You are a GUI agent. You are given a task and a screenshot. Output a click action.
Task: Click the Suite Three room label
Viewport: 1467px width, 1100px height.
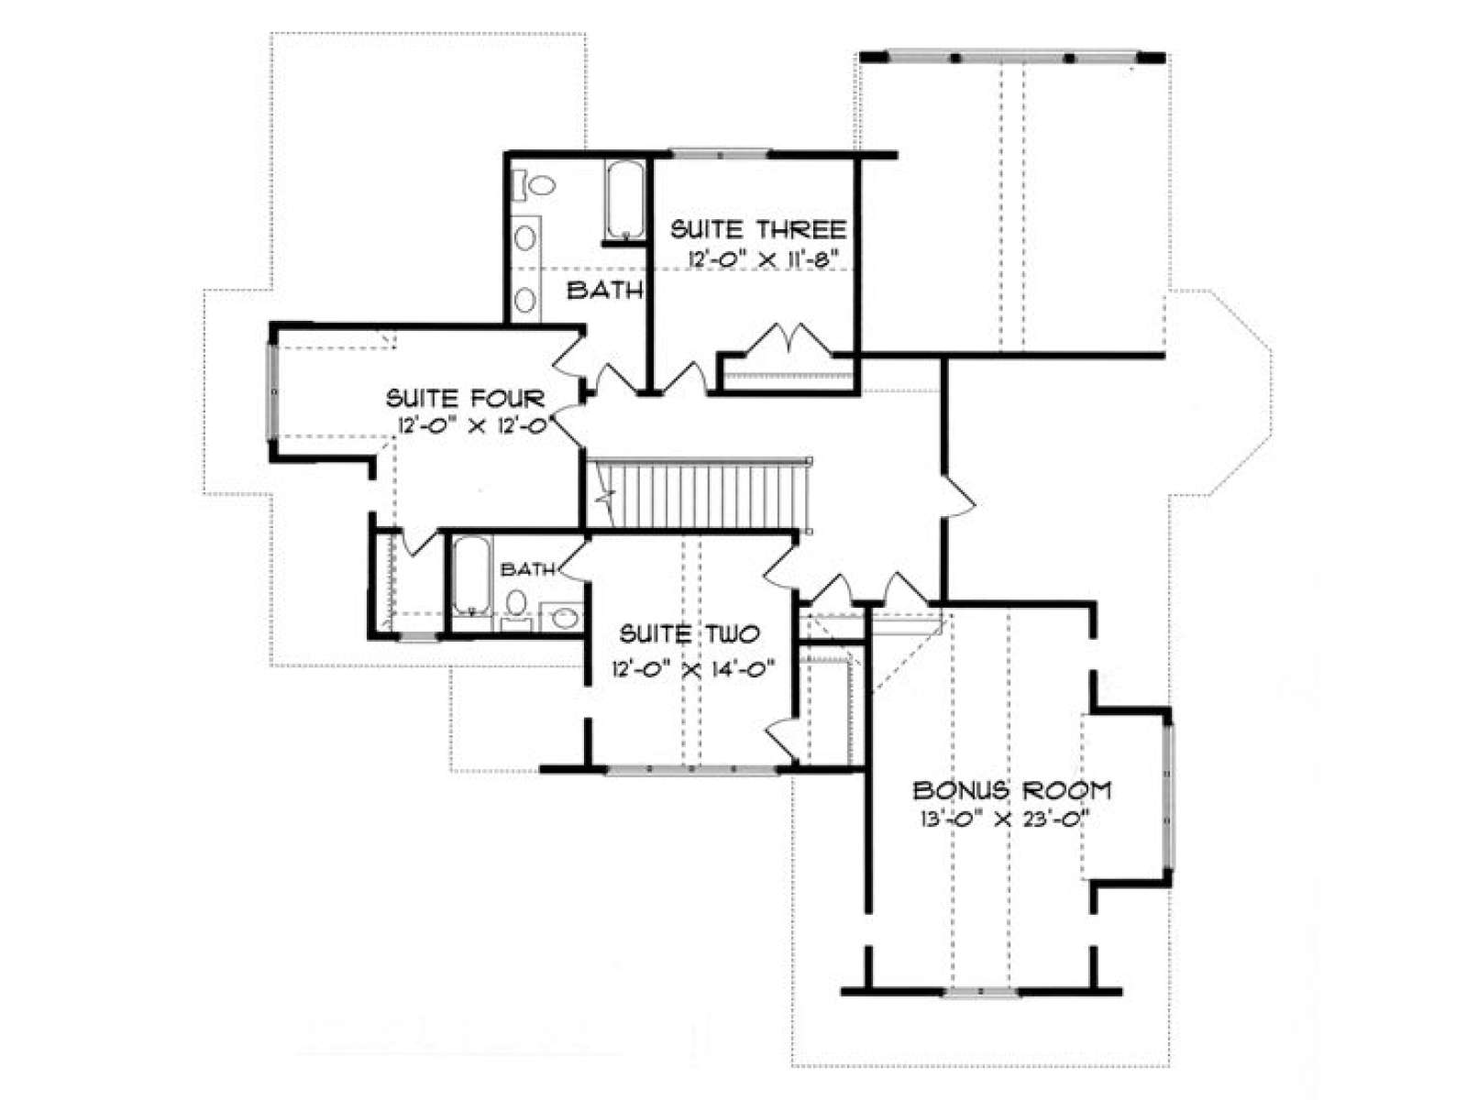(758, 230)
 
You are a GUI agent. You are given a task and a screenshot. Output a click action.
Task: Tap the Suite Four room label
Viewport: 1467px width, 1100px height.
(465, 399)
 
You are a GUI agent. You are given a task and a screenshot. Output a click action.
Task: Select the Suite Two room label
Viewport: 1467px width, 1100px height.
(689, 633)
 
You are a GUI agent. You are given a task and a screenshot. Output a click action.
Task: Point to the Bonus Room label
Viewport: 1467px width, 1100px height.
(1012, 791)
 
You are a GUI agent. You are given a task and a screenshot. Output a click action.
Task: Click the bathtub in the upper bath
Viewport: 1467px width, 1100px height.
(625, 199)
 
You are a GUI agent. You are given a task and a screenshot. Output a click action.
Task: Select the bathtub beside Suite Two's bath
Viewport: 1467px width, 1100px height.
(472, 576)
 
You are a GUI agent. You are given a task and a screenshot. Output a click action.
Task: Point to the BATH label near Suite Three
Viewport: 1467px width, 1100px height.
(605, 290)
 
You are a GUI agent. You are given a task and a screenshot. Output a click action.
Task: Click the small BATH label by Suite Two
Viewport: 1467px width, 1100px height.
(527, 569)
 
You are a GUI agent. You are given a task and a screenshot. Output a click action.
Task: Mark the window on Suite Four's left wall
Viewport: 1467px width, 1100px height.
(273, 391)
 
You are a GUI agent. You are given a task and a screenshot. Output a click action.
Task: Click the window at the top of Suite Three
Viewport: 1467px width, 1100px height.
(720, 154)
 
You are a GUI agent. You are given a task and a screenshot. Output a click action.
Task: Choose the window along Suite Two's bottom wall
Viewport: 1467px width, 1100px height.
(691, 769)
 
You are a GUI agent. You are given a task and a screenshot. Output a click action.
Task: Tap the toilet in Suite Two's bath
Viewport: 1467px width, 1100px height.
(515, 608)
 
